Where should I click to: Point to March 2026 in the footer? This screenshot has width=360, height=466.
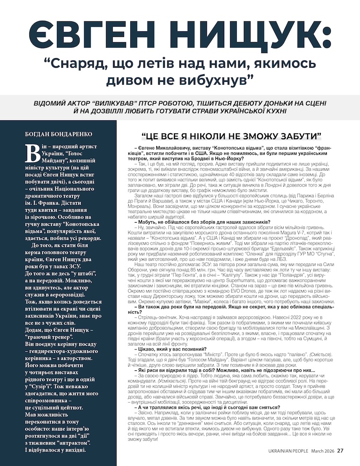tap(324, 451)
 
